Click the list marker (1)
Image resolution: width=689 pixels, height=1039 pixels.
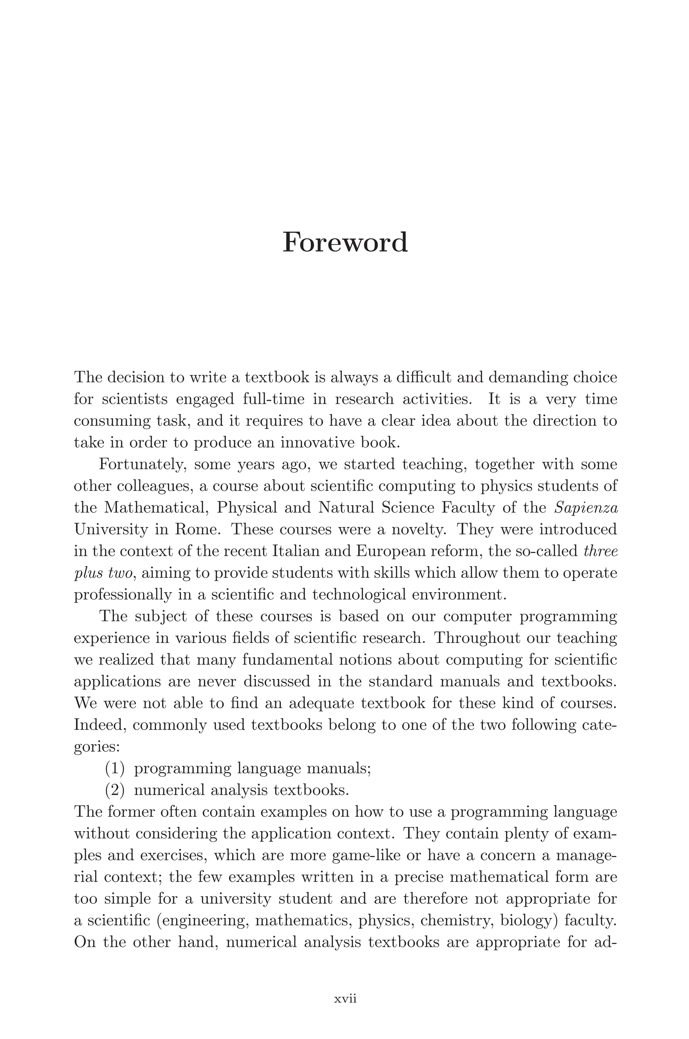[115, 769]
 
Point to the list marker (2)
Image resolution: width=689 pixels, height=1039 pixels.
[115, 790]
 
